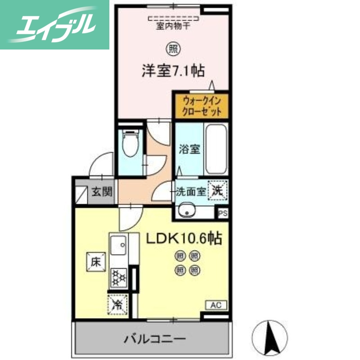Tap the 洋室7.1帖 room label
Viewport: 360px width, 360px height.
(x=174, y=71)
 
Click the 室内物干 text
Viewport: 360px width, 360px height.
(x=173, y=27)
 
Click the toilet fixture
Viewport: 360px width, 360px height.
(x=130, y=144)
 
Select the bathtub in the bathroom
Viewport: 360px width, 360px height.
(x=216, y=149)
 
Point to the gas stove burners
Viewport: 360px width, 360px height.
(x=119, y=277)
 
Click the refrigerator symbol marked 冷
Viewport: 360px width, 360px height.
(x=117, y=304)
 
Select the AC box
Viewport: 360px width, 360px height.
(x=216, y=305)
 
